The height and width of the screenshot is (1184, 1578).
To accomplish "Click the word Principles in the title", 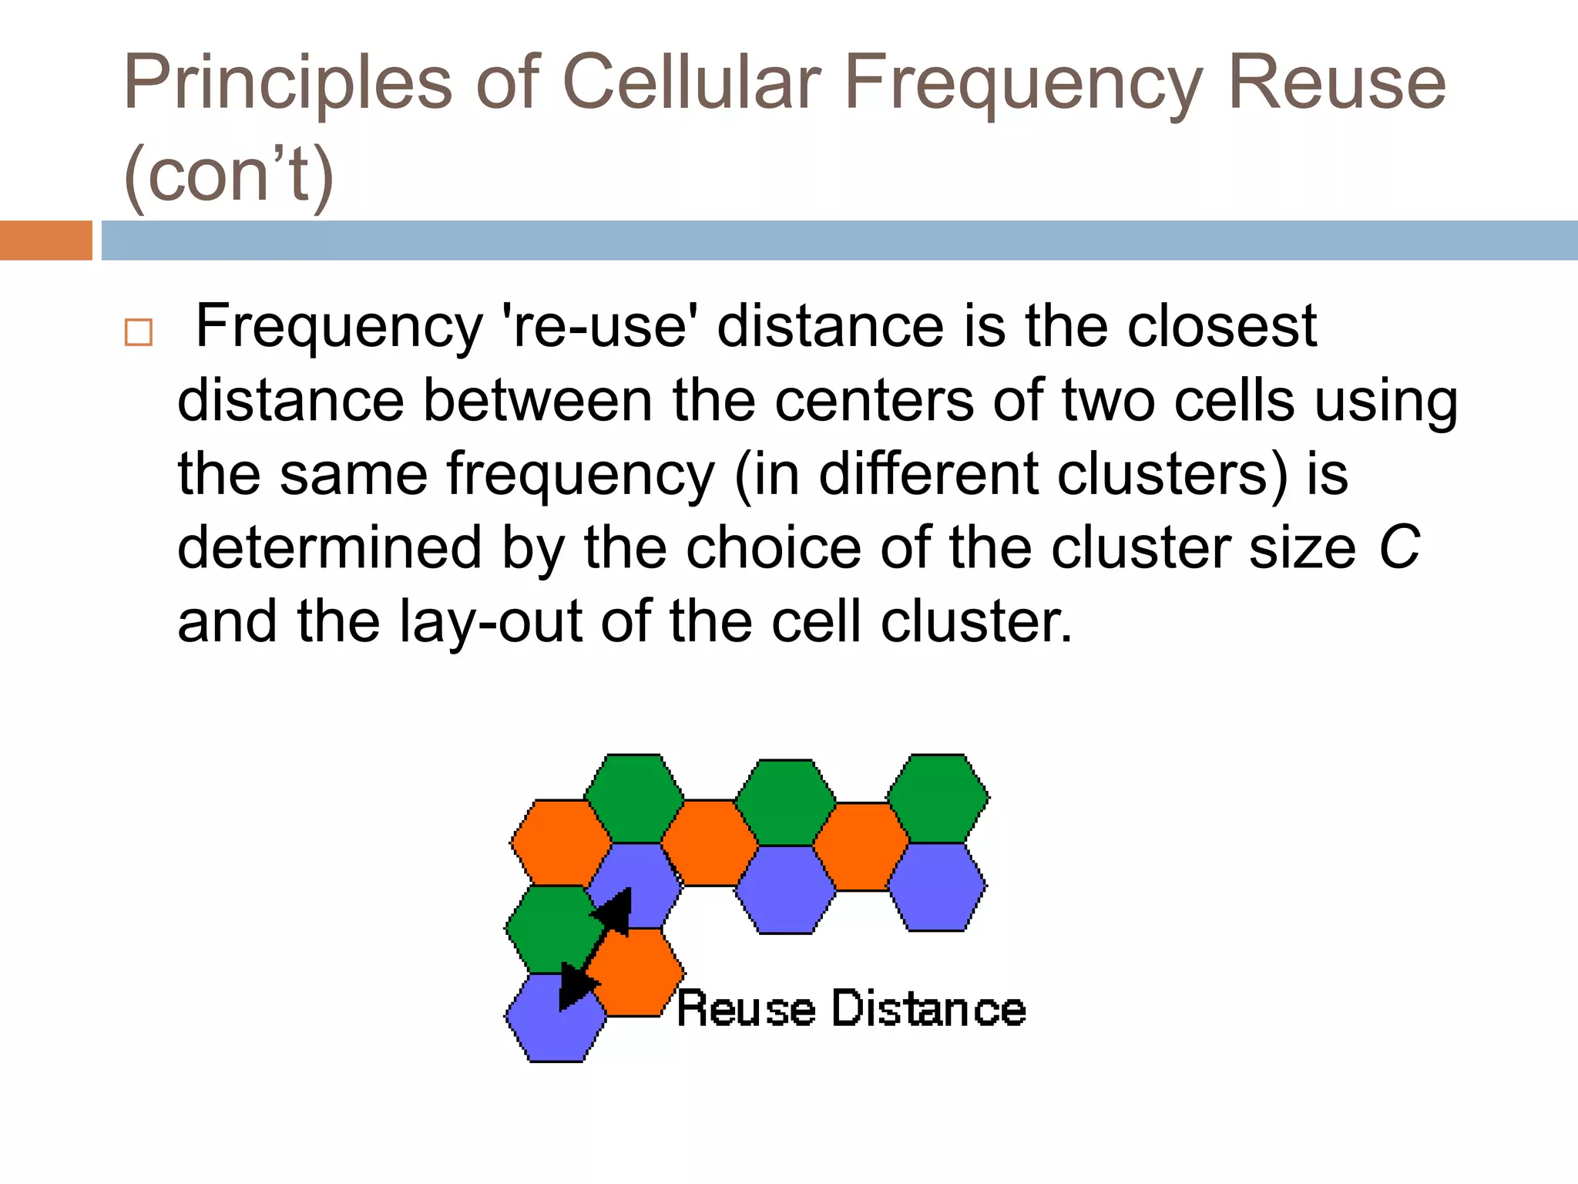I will [287, 83].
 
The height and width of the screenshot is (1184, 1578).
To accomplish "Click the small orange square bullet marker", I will [139, 332].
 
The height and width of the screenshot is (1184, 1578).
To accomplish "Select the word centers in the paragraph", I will [874, 401].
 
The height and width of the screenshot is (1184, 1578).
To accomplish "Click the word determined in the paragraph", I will [330, 548].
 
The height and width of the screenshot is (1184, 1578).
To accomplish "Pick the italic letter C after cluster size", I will [1398, 548].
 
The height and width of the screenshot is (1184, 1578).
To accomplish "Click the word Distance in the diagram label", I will [929, 1009].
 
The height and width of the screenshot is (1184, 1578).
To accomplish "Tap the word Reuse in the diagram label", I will [746, 1009].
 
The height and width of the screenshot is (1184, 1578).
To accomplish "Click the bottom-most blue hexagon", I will [556, 1018].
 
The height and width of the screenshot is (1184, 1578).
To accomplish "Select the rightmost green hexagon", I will [938, 799].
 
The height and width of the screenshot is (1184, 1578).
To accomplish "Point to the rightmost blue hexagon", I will [937, 887].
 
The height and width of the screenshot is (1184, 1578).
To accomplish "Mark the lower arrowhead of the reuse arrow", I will [576, 986].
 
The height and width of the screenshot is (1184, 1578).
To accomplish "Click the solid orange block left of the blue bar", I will [45, 240].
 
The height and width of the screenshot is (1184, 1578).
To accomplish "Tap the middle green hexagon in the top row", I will [785, 802].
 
